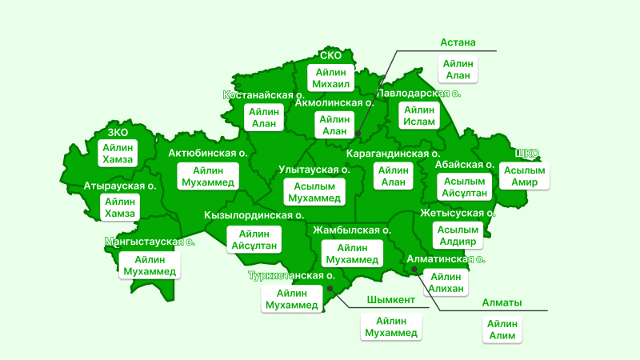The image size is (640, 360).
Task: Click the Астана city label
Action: (458, 42)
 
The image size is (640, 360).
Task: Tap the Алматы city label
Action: (502, 303)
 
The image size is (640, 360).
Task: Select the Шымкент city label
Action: (390, 300)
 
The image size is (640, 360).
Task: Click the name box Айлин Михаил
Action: (331, 78)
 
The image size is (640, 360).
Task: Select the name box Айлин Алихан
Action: (446, 282)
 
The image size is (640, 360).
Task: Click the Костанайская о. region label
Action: (262, 95)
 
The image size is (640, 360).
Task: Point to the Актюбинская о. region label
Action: (206, 153)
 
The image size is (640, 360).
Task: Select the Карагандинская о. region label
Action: (393, 153)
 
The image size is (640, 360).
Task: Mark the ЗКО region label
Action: (118, 132)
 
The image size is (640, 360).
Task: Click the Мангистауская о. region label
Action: (150, 240)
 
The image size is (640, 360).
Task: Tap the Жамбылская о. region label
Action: (352, 230)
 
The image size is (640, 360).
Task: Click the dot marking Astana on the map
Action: (358, 134)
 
